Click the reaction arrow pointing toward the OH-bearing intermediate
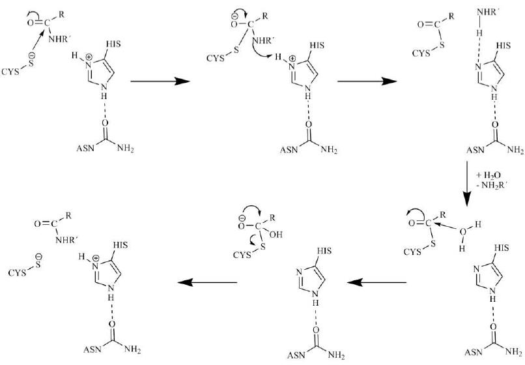point(377,282)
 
